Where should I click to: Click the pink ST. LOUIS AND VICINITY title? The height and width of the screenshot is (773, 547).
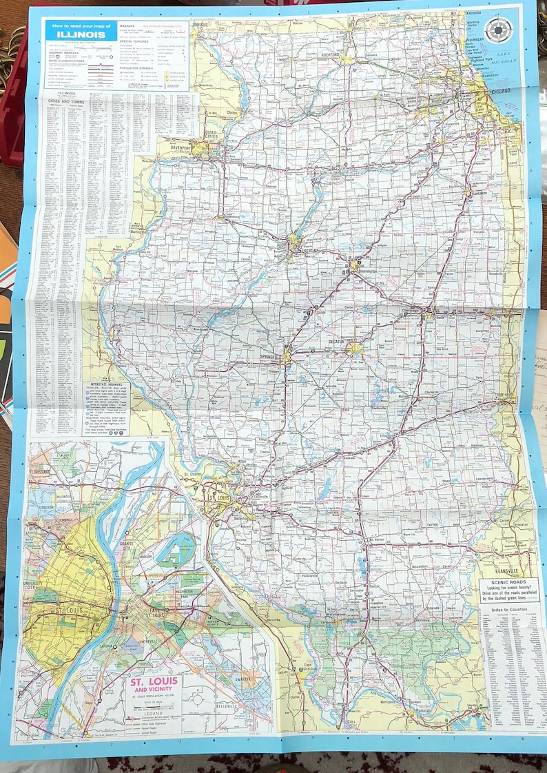tap(154, 684)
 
